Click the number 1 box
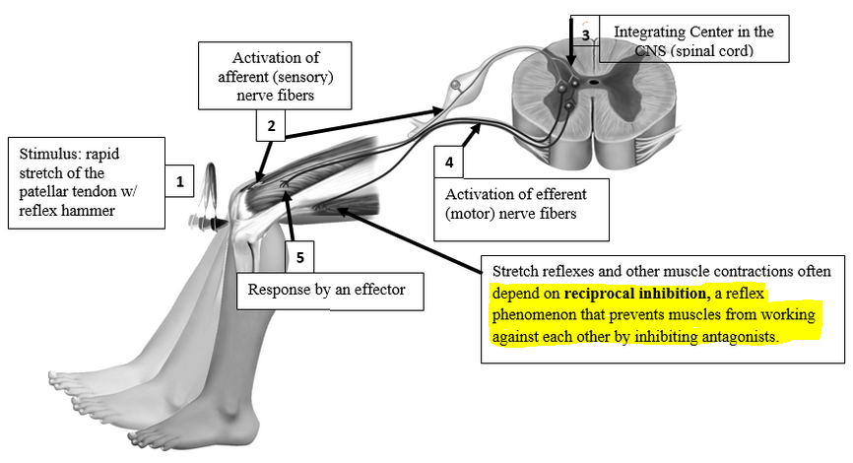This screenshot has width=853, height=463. click(179, 180)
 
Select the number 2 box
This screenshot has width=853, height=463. click(270, 125)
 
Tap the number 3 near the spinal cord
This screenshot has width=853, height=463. click(585, 34)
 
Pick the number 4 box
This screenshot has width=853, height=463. click(448, 161)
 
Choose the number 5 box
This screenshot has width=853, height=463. click(300, 256)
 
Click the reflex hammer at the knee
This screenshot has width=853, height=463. click(207, 212)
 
